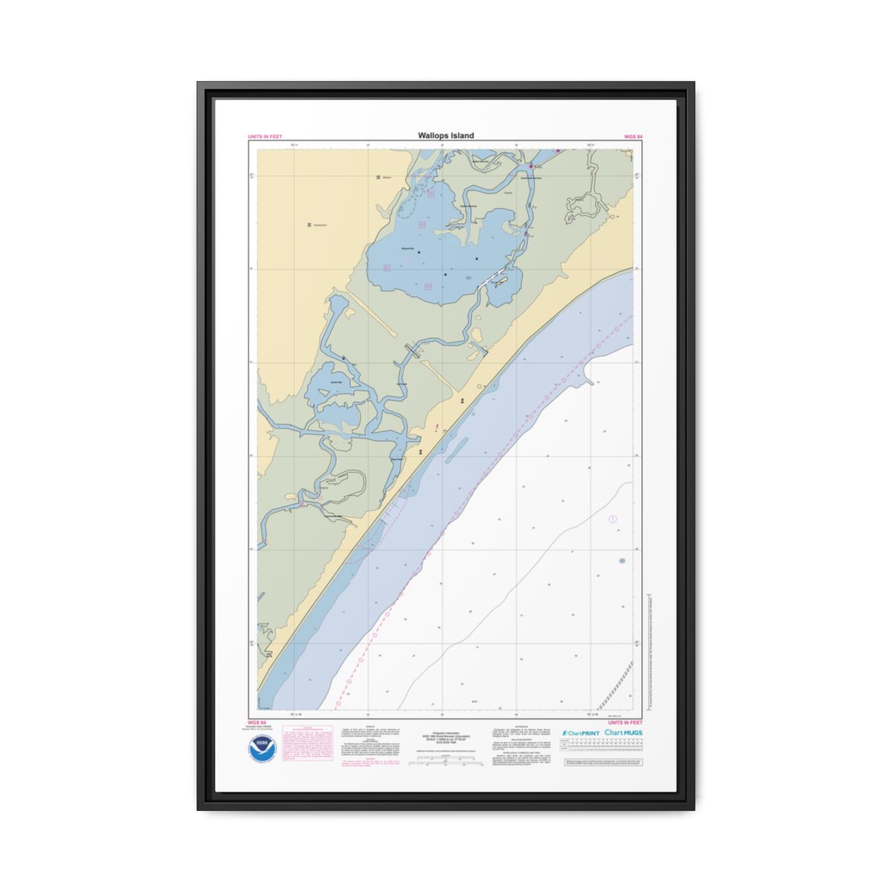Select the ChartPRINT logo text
click(x=581, y=733)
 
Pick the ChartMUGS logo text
click(x=624, y=733)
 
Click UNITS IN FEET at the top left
click(x=265, y=137)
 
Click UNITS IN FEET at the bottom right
click(x=624, y=723)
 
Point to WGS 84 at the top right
click(x=633, y=137)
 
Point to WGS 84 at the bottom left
click(x=256, y=723)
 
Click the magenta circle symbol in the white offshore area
click(x=613, y=519)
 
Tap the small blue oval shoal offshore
click(x=622, y=560)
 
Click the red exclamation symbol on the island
click(x=438, y=427)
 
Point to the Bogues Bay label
click(x=407, y=249)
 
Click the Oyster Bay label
click(x=335, y=382)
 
